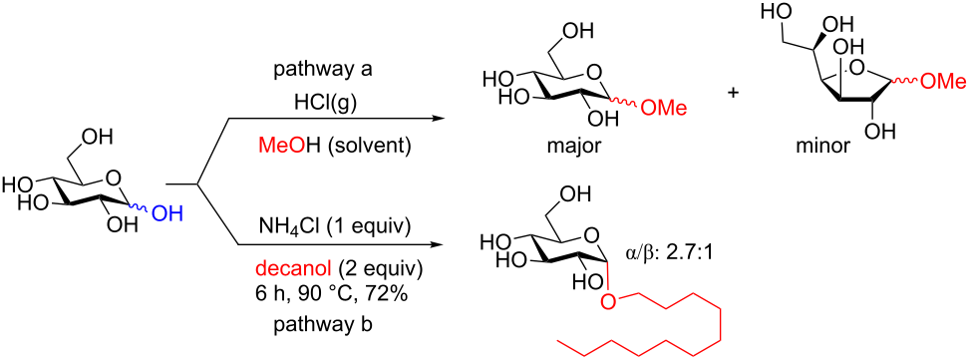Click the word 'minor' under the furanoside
point(822,147)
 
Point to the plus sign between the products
point(735,92)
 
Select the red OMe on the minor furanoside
point(941,83)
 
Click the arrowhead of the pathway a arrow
point(440,119)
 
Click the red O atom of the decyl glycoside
point(607,295)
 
